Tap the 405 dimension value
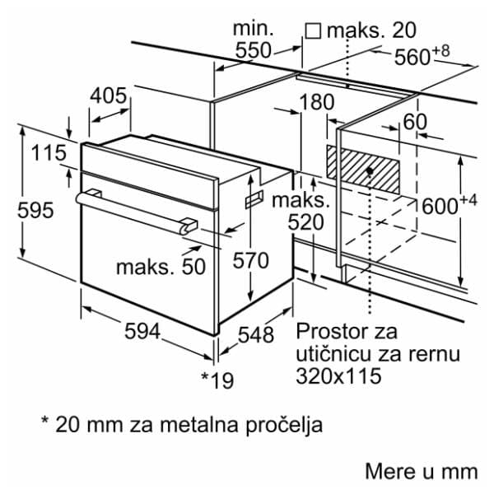coord(109,96)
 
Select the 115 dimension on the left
coord(49,153)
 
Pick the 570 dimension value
coord(250,262)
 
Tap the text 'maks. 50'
coord(160,267)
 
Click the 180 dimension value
coord(317,103)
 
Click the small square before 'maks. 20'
coord(313,30)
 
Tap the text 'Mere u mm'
coord(421,472)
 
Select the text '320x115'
coord(338,378)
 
